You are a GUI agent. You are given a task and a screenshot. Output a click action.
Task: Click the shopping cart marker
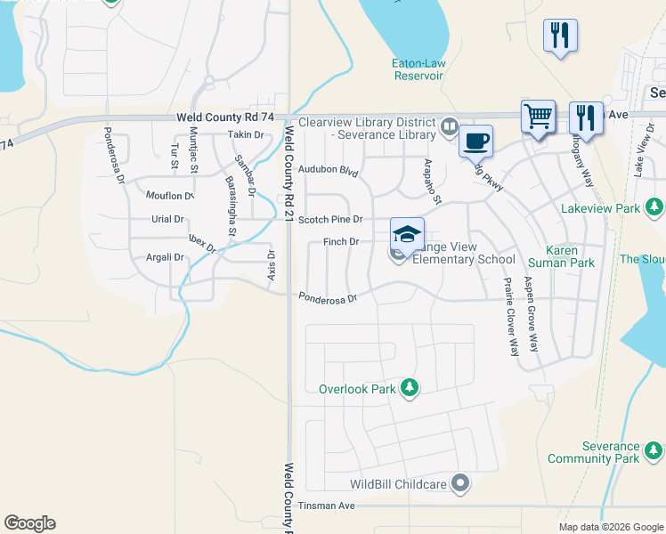538,116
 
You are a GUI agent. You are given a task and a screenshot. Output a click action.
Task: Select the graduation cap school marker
407,233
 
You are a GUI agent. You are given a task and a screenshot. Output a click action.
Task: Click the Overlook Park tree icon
409,387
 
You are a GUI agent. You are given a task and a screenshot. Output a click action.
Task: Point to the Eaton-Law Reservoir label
418,69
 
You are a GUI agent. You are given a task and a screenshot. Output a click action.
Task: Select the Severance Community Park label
593,452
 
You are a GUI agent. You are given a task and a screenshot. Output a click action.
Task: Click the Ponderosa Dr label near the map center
328,298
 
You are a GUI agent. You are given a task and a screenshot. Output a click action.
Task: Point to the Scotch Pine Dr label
330,219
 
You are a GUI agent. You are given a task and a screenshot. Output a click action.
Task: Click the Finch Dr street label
341,241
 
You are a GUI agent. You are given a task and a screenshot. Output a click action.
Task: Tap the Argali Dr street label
164,257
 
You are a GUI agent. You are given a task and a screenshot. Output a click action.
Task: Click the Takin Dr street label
247,134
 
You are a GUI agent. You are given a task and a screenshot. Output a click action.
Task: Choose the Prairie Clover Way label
510,316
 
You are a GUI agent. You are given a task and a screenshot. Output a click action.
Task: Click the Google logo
29,523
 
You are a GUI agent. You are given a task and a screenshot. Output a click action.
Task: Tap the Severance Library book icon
450,127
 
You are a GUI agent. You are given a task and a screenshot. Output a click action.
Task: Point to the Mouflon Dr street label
170,195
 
